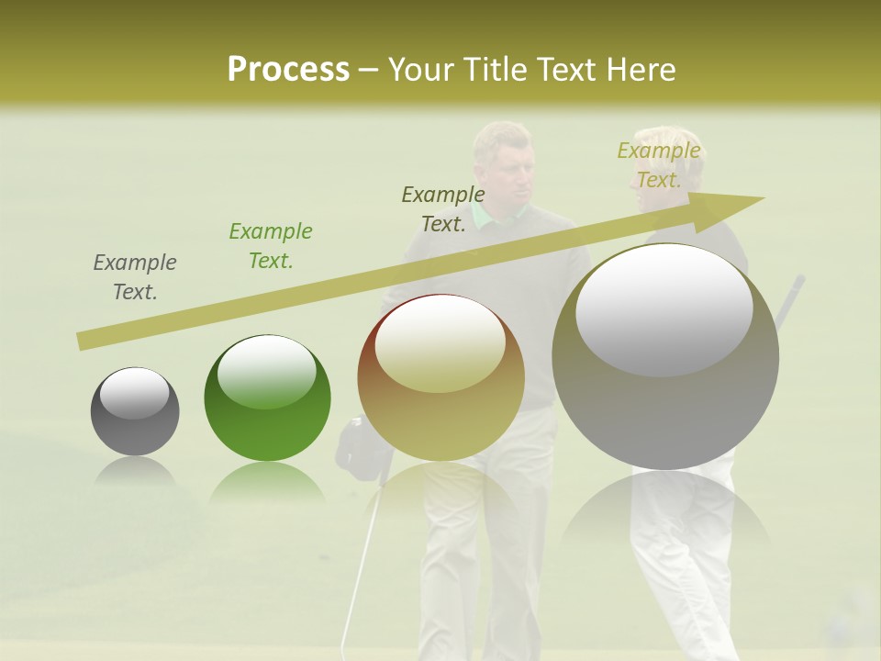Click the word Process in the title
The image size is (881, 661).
point(288,70)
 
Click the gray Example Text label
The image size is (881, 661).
point(135,277)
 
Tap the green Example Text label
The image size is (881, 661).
point(271,246)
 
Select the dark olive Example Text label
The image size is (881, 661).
point(443,209)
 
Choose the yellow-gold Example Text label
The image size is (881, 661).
point(659,165)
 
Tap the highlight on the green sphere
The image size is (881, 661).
point(266,372)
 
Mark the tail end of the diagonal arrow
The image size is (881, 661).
point(79,342)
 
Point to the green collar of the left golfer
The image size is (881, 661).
point(500,216)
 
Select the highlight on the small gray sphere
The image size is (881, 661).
point(134,393)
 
